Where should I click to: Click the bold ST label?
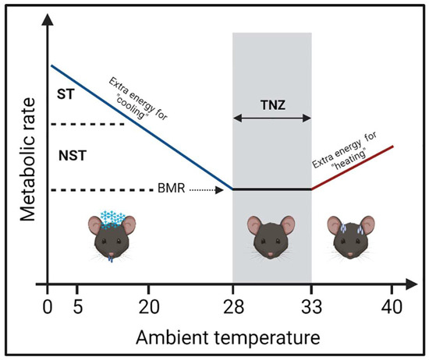click(69, 95)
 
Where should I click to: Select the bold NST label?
click(73, 155)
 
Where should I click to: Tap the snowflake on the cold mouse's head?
click(112, 219)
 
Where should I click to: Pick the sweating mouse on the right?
click(351, 238)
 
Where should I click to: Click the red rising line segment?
click(353, 167)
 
